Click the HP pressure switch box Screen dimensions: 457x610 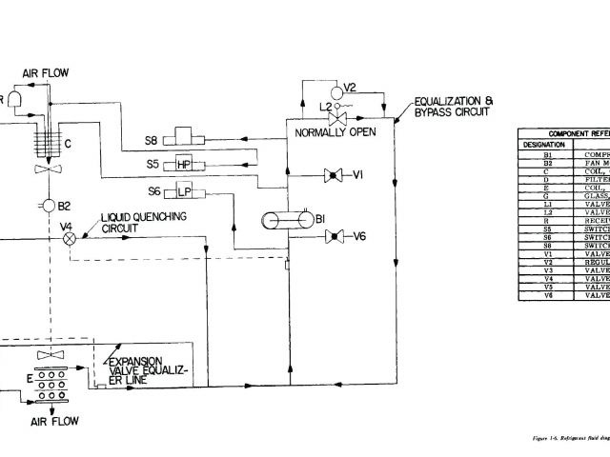tap(185, 165)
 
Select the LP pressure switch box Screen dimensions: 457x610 tap(185, 192)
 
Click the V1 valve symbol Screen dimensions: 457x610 tap(334, 175)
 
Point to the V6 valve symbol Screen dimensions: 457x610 tap(334, 236)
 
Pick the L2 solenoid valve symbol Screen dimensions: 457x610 tap(336, 120)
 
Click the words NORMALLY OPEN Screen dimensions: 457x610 tap(335, 132)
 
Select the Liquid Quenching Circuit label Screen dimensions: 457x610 tap(144, 223)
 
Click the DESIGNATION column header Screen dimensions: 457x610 tap(544, 145)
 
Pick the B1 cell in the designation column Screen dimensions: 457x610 tap(547, 154)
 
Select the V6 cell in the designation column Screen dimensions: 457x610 tap(547, 295)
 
